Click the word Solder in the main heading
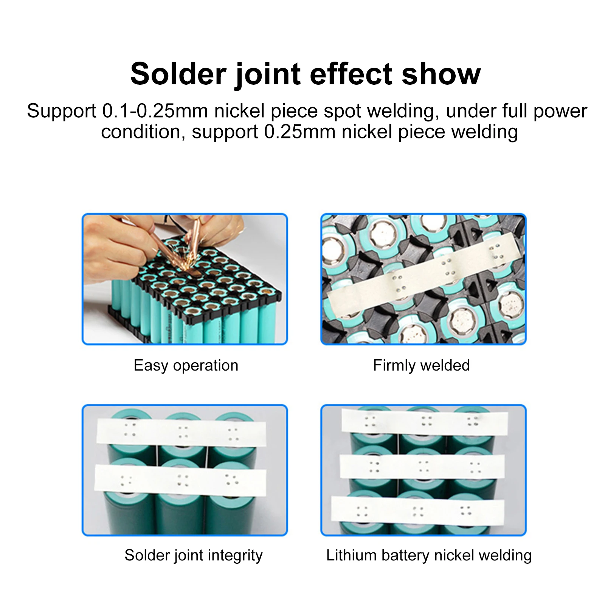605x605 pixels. [x=178, y=74]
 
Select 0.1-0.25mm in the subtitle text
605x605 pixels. [x=155, y=111]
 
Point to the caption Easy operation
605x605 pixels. [x=186, y=365]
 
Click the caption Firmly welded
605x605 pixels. [x=421, y=365]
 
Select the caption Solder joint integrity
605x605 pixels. [x=193, y=555]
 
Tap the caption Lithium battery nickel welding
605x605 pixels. [x=429, y=555]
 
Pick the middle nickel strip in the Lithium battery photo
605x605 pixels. [x=422, y=466]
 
